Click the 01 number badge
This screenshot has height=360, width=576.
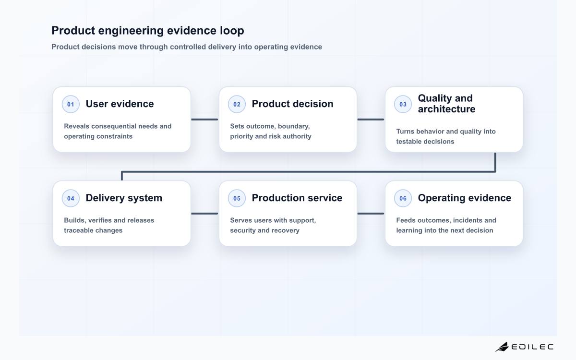[71, 104]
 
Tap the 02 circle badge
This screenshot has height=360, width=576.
[237, 104]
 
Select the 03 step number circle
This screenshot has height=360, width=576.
[403, 104]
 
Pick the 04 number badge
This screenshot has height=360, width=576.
[71, 198]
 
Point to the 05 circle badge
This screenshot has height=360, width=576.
[237, 198]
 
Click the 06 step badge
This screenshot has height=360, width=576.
[403, 198]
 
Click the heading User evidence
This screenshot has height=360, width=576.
[120, 104]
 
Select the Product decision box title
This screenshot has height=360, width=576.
[293, 104]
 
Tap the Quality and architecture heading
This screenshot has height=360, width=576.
[447, 104]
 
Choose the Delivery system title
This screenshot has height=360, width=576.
[124, 198]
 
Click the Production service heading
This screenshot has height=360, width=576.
[297, 198]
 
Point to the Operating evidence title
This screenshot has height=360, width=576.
[465, 198]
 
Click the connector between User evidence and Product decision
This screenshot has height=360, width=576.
[204, 120]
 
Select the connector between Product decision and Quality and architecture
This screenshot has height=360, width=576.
[371, 120]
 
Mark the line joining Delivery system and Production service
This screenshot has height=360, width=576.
[204, 214]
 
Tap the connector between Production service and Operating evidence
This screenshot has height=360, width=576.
[371, 214]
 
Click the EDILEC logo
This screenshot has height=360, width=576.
[525, 347]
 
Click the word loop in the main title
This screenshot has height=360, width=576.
[232, 31]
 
